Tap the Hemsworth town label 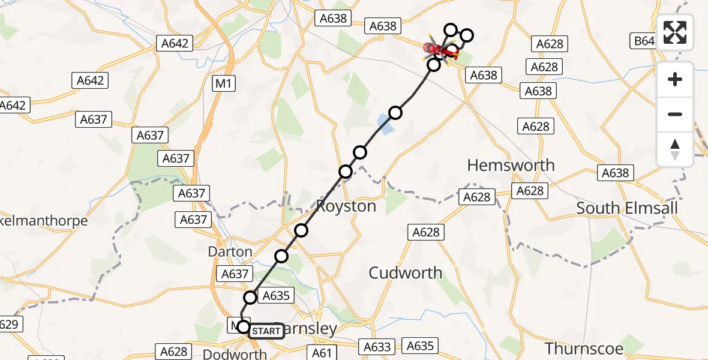tap(511, 165)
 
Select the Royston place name tap(346, 206)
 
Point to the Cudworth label tap(406, 273)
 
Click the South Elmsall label tap(627, 208)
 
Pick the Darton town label tap(230, 251)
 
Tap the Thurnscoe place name tap(584, 348)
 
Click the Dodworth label tap(235, 354)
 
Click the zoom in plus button tap(675, 79)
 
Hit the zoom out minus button tap(675, 114)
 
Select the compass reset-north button tap(675, 149)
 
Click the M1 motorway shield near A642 tap(224, 84)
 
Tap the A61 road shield tap(323, 352)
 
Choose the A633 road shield tap(377, 346)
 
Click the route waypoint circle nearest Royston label tap(346, 172)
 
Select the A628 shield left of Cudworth tap(427, 232)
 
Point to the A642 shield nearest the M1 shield tap(175, 43)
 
